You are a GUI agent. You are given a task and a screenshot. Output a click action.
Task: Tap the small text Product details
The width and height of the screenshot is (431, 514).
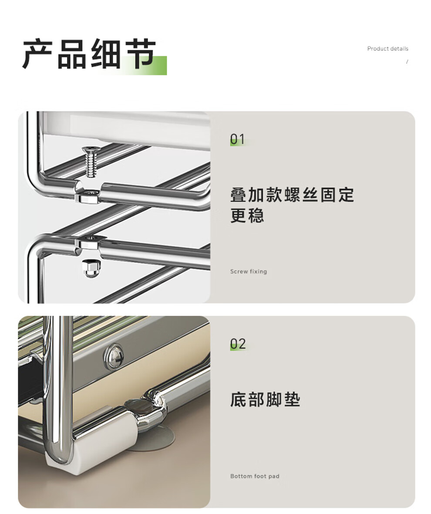pos(387,49)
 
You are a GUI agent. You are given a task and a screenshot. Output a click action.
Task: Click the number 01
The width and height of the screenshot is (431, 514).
pos(237,139)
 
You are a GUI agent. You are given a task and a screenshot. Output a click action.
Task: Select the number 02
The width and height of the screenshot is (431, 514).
pos(238,344)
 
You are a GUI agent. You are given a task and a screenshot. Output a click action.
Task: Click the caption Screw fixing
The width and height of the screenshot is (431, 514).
pos(249,271)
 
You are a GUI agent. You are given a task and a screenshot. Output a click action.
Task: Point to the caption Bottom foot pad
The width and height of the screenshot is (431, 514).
pos(255,476)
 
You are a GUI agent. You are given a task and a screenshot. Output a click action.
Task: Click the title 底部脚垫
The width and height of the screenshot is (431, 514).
pos(265,399)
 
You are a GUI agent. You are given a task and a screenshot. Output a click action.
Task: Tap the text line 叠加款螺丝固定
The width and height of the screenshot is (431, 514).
pos(292,195)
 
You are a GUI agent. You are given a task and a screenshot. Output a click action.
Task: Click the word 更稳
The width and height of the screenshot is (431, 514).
pos(247,215)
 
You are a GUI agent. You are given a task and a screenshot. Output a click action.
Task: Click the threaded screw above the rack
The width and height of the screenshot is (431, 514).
pos(91,162)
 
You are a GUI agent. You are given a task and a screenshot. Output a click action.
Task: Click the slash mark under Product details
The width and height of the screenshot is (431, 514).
pos(407,61)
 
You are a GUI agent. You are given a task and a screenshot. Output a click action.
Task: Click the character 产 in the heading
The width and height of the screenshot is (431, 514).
pos(38,54)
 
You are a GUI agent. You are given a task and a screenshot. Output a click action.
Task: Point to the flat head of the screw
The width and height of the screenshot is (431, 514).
pos(91,149)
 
